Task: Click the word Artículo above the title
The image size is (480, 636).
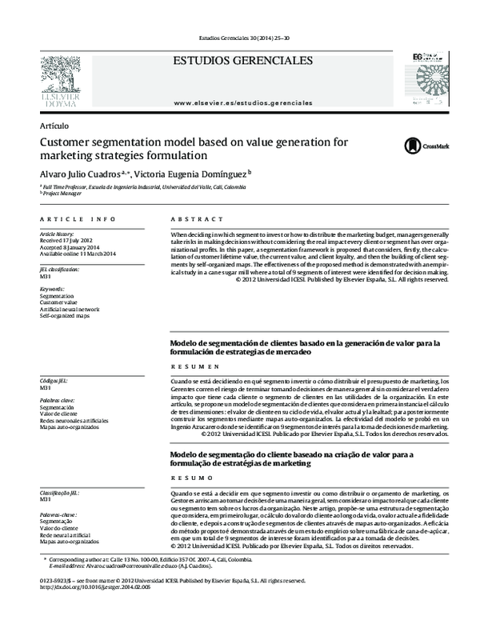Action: point(54,126)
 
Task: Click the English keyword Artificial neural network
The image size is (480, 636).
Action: point(70,306)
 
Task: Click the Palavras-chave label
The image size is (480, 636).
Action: point(58,513)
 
